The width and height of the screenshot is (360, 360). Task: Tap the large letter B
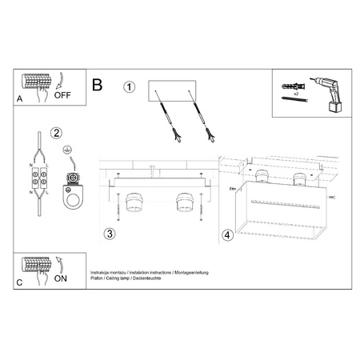[x=98, y=83]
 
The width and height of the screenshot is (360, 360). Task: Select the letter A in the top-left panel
[x=19, y=98]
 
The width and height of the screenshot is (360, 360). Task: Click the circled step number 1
[x=129, y=87]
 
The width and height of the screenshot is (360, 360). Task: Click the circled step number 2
[x=55, y=133]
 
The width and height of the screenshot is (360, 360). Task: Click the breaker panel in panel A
[x=35, y=82]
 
